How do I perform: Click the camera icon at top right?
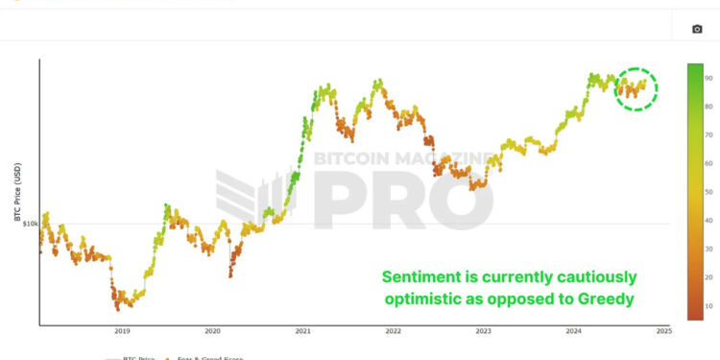698,29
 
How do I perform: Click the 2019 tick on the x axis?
122,330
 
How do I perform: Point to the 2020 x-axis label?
212,330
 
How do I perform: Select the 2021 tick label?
302,330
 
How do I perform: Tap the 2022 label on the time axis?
393,330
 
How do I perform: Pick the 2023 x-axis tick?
483,330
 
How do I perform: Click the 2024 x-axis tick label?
573,330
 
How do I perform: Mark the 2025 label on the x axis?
663,330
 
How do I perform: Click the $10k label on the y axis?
30,224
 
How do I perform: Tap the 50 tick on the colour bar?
708,192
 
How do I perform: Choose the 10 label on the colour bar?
708,305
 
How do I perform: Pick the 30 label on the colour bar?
708,249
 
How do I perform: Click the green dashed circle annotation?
636,89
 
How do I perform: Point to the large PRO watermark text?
403,199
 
